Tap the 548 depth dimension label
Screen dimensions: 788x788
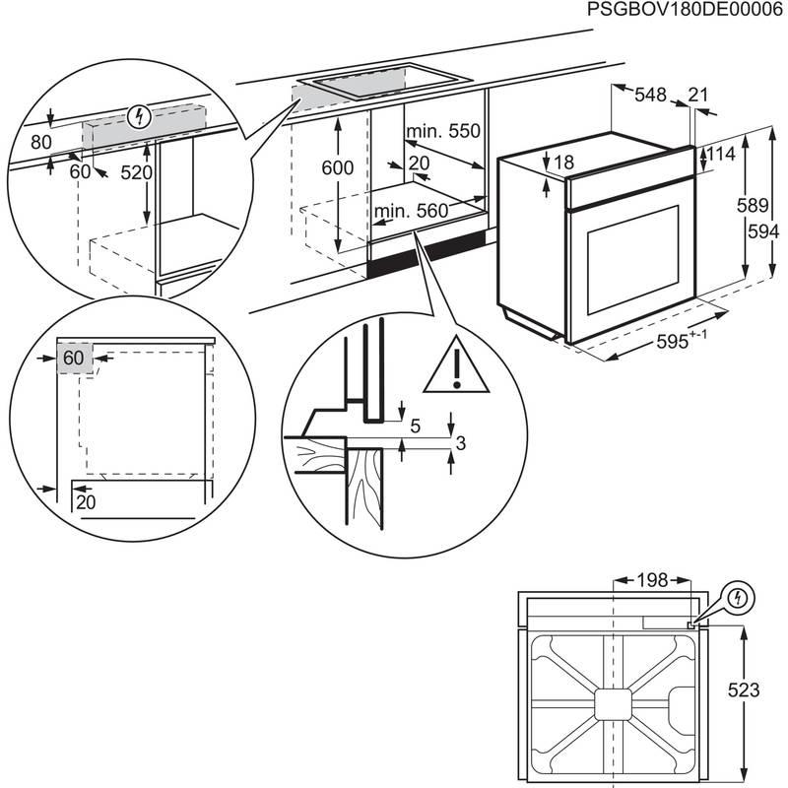(x=651, y=95)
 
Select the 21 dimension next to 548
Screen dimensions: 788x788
(x=698, y=95)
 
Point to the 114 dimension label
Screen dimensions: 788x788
(x=721, y=155)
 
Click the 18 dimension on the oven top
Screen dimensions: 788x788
(x=562, y=163)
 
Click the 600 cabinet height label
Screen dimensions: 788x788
(x=337, y=167)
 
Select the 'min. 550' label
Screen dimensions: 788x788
(x=443, y=131)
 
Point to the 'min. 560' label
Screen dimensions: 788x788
(x=411, y=210)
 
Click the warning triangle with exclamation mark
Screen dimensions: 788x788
(x=456, y=363)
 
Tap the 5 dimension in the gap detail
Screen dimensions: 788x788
(x=415, y=426)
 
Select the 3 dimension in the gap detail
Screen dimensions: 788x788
(x=460, y=445)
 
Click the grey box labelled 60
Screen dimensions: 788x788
(x=74, y=359)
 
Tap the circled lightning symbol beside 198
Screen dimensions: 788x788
(x=738, y=597)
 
